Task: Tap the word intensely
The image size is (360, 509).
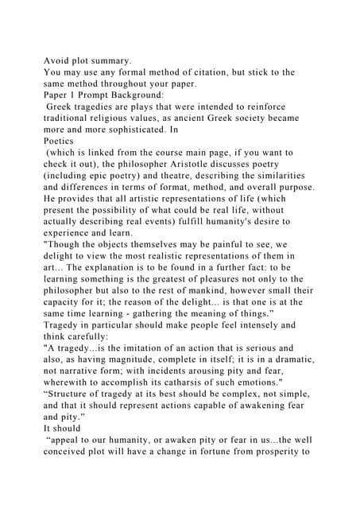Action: tap(271, 324)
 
